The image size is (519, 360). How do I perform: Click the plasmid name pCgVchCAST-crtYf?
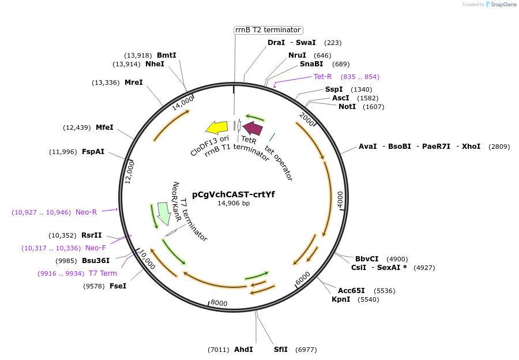click(x=233, y=194)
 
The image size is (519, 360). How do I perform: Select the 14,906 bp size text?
click(x=233, y=203)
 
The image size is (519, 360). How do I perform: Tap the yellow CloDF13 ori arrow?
click(x=217, y=127)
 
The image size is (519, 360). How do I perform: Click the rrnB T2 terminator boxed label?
click(x=268, y=30)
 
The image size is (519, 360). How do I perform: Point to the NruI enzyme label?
click(x=298, y=55)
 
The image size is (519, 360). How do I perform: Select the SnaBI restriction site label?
click(x=311, y=64)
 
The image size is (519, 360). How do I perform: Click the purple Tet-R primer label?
click(x=322, y=77)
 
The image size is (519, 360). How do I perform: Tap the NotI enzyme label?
click(x=347, y=107)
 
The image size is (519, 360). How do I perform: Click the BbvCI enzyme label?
click(x=367, y=259)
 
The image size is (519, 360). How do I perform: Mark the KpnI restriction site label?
click(x=341, y=299)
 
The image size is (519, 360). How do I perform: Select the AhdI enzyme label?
click(x=243, y=350)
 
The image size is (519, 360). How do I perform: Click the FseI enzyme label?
click(x=118, y=286)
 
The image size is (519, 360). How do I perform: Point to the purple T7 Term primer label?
click(x=103, y=273)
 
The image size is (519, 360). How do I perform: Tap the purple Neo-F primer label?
click(x=96, y=248)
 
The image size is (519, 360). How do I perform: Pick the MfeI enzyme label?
click(x=104, y=127)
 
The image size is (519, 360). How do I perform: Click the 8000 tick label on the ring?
click(x=219, y=303)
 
